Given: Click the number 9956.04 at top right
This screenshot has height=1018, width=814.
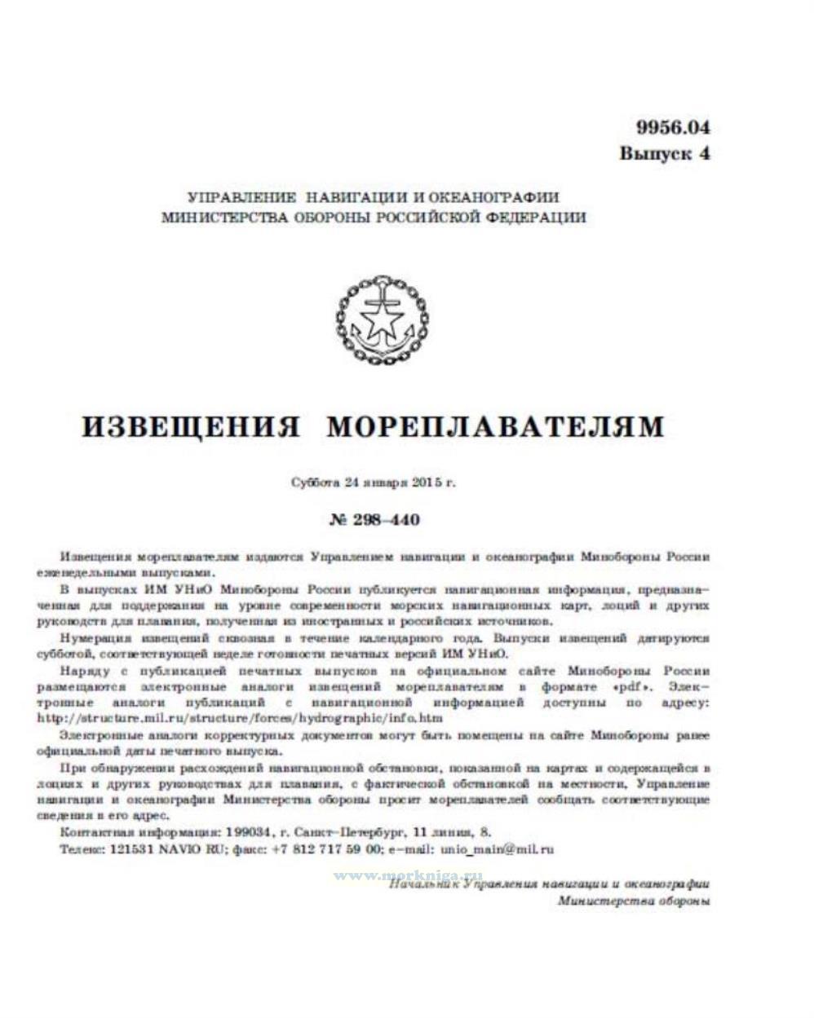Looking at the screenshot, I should [x=673, y=127].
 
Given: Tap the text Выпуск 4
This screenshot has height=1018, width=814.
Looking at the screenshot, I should [x=664, y=153].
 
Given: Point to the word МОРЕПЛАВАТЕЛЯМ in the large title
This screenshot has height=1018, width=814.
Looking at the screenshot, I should [x=495, y=426].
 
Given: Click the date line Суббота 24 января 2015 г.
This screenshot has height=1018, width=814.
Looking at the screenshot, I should [x=374, y=482].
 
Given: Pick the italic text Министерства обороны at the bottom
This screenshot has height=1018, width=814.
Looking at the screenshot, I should [x=634, y=901].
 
